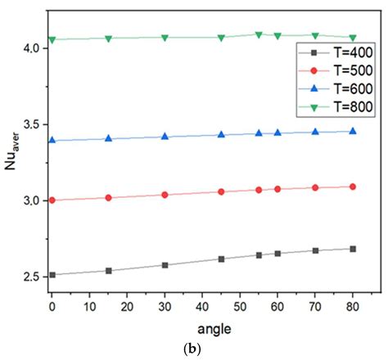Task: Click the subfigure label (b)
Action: pos(194,349)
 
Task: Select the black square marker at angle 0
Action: pos(52,275)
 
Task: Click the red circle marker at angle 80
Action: pos(353,187)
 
